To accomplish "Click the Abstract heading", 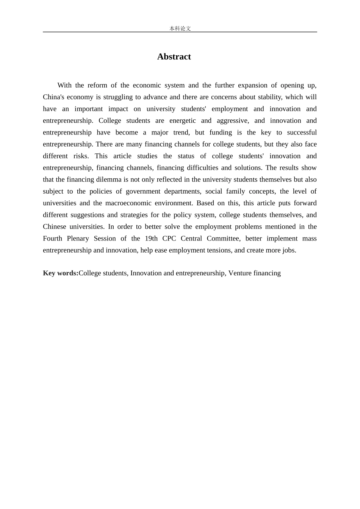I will (x=174, y=57).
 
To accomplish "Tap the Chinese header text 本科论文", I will (x=180, y=28).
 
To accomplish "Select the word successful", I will (x=302, y=132).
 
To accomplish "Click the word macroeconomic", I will (x=127, y=203).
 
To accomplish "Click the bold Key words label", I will (x=61, y=273).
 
